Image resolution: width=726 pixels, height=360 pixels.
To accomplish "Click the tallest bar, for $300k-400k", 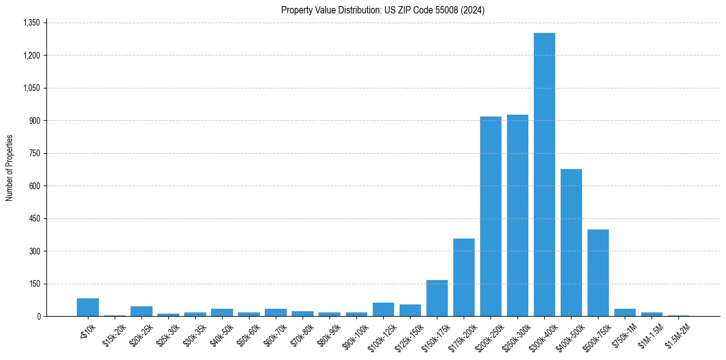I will (x=544, y=175).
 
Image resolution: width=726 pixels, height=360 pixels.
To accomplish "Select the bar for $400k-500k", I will (x=571, y=243).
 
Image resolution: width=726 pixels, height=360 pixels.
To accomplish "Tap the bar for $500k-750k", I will (x=598, y=273).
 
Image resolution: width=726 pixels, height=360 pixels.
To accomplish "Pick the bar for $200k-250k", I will (x=491, y=217).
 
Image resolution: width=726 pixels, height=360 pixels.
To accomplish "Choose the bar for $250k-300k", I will (x=517, y=215).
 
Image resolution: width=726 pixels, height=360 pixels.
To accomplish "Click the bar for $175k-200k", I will (x=464, y=278).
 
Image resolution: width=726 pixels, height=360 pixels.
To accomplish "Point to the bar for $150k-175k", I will (x=437, y=298).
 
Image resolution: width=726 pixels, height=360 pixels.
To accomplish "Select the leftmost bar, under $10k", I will (x=88, y=307).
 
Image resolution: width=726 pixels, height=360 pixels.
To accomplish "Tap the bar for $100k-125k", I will (x=383, y=309).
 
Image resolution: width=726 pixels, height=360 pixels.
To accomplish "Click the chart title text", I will (x=383, y=10).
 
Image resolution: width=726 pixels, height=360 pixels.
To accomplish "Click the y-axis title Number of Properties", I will (x=10, y=168).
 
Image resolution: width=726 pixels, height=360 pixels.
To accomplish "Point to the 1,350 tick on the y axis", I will (x=31, y=23).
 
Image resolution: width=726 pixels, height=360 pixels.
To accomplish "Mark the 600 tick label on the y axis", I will (x=34, y=186).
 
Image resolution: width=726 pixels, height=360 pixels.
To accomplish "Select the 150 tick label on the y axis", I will (x=34, y=284).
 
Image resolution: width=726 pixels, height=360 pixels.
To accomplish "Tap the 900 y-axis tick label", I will (x=34, y=121).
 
